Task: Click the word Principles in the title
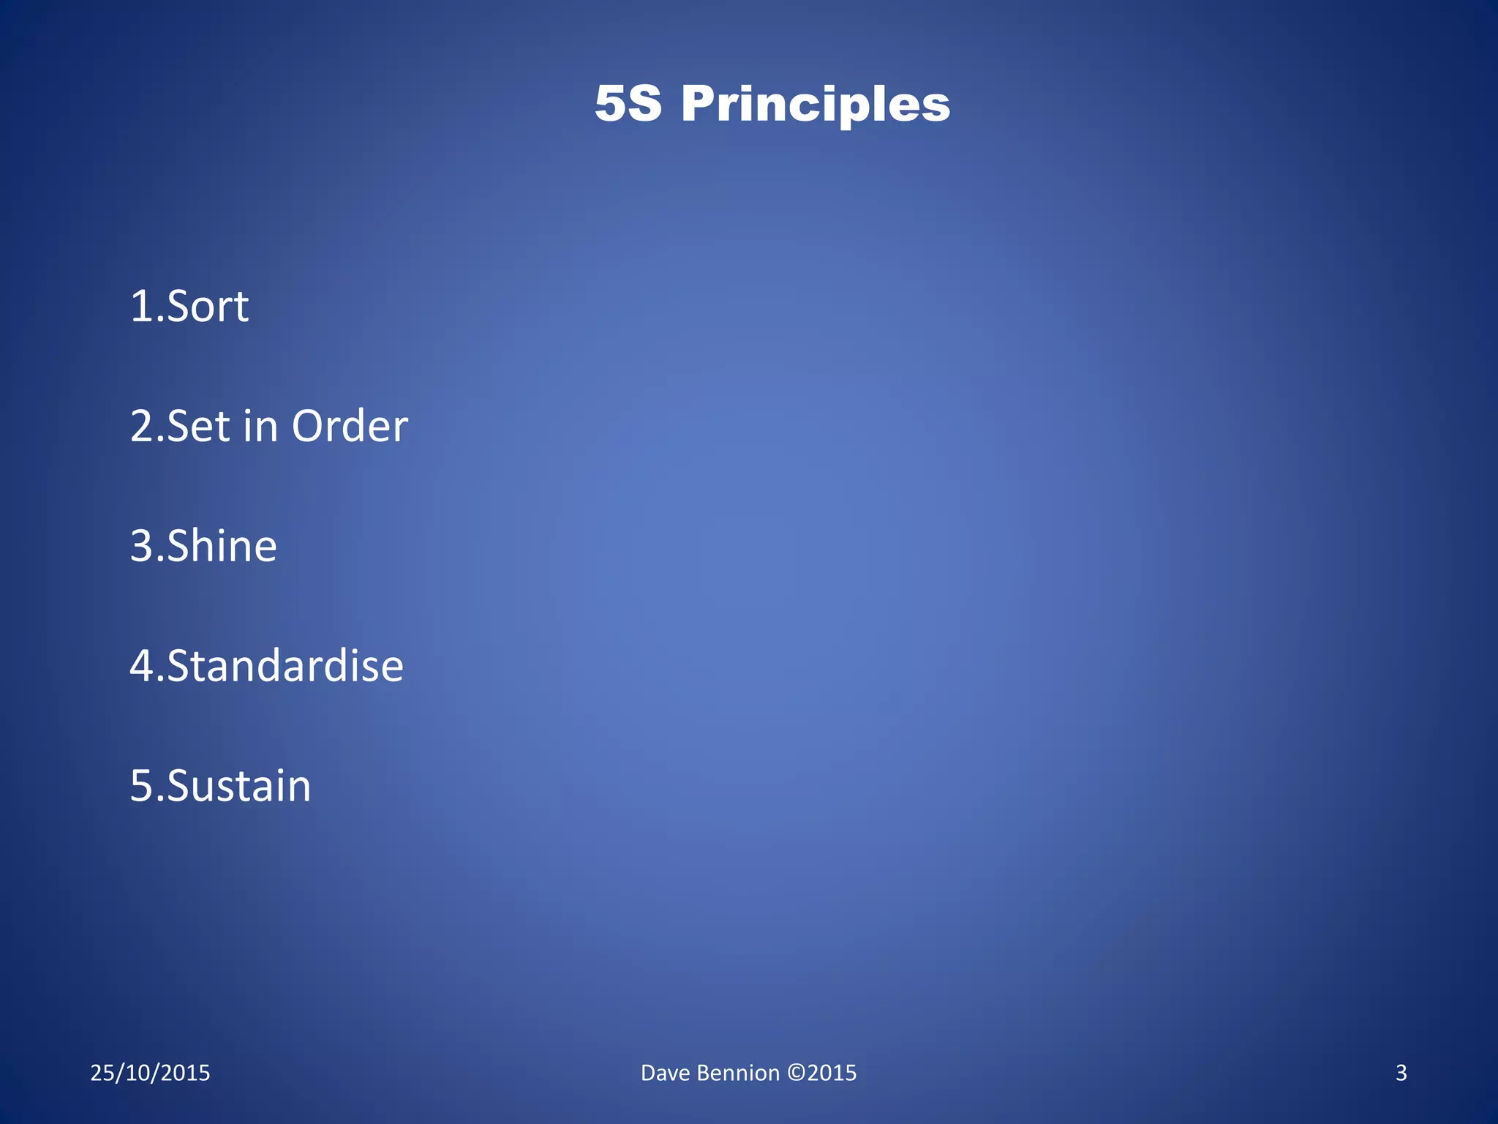[816, 105]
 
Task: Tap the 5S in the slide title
[628, 103]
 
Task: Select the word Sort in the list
[208, 306]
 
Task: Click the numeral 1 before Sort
[140, 306]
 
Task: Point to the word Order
[350, 426]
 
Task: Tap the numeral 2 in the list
[141, 426]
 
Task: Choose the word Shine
[222, 546]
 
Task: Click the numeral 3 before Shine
[141, 546]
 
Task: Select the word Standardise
[285, 666]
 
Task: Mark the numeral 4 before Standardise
[141, 666]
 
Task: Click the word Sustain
[239, 786]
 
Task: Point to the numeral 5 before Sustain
[141, 786]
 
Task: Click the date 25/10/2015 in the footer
[150, 1073]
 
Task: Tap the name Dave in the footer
[665, 1073]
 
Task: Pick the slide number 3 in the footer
[1401, 1073]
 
